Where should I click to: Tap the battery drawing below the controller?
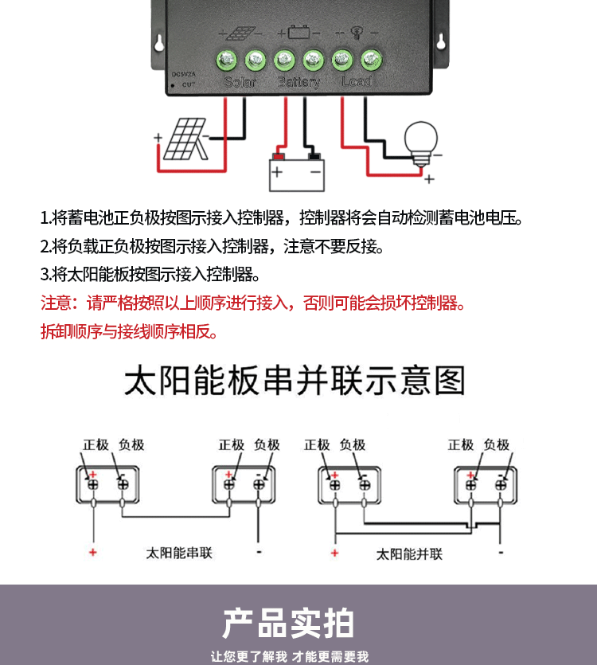pyautogui.click(x=297, y=170)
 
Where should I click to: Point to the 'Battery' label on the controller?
pyautogui.click(x=299, y=82)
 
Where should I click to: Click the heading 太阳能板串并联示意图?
pyautogui.click(x=295, y=381)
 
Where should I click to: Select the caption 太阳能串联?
pyautogui.click(x=180, y=552)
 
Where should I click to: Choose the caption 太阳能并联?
pyautogui.click(x=409, y=554)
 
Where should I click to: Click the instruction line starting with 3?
pyautogui.click(x=150, y=275)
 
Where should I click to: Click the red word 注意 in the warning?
pyautogui.click(x=57, y=303)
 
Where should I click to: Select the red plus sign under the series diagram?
pyautogui.click(x=93, y=552)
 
